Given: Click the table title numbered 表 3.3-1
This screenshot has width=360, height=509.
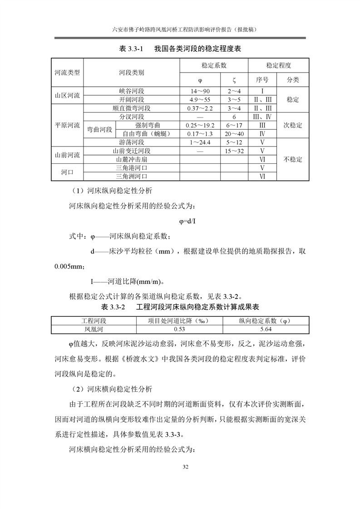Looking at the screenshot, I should pyautogui.click(x=179, y=49).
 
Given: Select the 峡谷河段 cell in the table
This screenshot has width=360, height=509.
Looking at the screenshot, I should pyautogui.click(x=131, y=91).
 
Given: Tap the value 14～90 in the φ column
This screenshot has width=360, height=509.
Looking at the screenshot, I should pyautogui.click(x=200, y=91).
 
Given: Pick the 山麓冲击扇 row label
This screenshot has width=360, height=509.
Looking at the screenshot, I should pyautogui.click(x=131, y=159).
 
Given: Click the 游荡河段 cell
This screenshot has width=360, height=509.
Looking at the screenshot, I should pyautogui.click(x=131, y=142).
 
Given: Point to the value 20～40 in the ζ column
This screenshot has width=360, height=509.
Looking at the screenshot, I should pyautogui.click(x=234, y=133).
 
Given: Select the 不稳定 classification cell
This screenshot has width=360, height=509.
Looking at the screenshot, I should pyautogui.click(x=293, y=159).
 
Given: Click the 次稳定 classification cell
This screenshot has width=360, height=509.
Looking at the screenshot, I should pyautogui.click(x=293, y=125).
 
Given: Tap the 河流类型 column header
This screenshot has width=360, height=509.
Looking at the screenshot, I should pyautogui.click(x=67, y=73).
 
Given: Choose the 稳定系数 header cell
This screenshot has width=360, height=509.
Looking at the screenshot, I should pyautogui.click(x=214, y=65).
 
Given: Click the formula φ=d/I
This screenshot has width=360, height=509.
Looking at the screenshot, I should pyautogui.click(x=187, y=221).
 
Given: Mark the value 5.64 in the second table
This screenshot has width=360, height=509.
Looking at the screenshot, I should pyautogui.click(x=266, y=329).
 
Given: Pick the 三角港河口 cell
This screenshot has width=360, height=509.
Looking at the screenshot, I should pyautogui.click(x=131, y=168).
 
